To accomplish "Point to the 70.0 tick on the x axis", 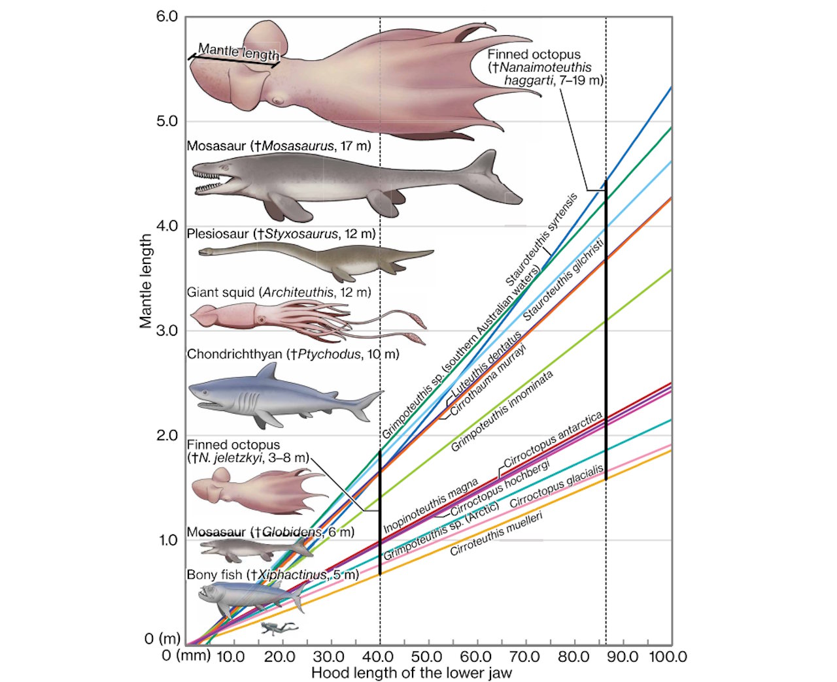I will [x=524, y=656].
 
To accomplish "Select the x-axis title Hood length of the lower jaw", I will [x=411, y=672].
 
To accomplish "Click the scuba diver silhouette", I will [x=279, y=628].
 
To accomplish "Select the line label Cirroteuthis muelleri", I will [x=497, y=533].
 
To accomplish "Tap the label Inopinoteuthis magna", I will [x=431, y=505].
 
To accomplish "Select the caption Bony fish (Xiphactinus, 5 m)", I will [x=273, y=575].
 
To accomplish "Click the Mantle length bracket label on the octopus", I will [x=239, y=52].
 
